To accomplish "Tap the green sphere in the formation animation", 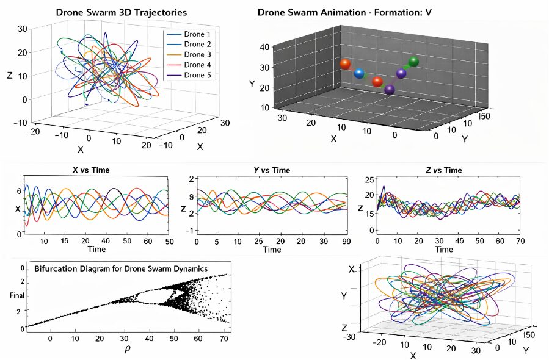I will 413,61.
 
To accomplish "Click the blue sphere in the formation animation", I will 359,74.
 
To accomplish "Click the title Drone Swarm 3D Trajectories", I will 122,12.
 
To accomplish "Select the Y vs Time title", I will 272,170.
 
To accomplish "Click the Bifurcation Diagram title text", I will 121,268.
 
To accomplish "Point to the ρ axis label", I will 128,350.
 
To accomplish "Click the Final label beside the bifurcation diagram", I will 16,296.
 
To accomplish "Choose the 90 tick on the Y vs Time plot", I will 345,242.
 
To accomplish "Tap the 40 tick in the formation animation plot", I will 264,48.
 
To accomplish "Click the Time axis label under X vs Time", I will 97,250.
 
